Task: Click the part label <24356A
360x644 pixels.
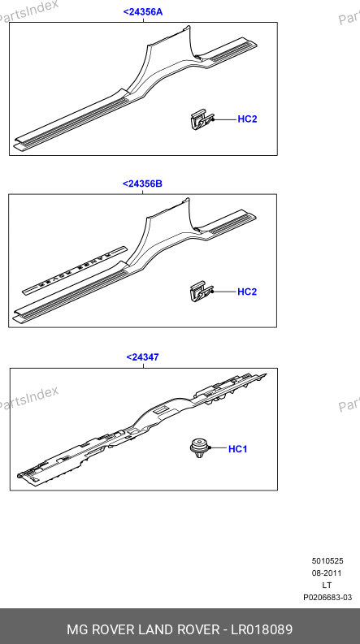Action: (143, 12)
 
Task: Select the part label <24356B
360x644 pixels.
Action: (142, 184)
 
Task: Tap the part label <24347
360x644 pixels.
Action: (142, 357)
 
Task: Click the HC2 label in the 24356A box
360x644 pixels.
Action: (247, 119)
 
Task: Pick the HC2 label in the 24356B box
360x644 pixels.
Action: (247, 292)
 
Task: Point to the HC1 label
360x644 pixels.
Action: (238, 449)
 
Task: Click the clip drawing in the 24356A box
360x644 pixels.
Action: (202, 120)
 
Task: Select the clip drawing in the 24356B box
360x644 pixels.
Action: (202, 292)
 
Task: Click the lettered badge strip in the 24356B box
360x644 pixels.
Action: (75, 270)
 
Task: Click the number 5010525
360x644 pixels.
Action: (327, 561)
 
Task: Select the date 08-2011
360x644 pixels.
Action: (327, 573)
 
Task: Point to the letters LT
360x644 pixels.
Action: (327, 586)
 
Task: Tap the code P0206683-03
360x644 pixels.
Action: (327, 598)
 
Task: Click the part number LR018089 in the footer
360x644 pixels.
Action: (262, 629)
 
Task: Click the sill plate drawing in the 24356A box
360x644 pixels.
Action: (137, 91)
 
